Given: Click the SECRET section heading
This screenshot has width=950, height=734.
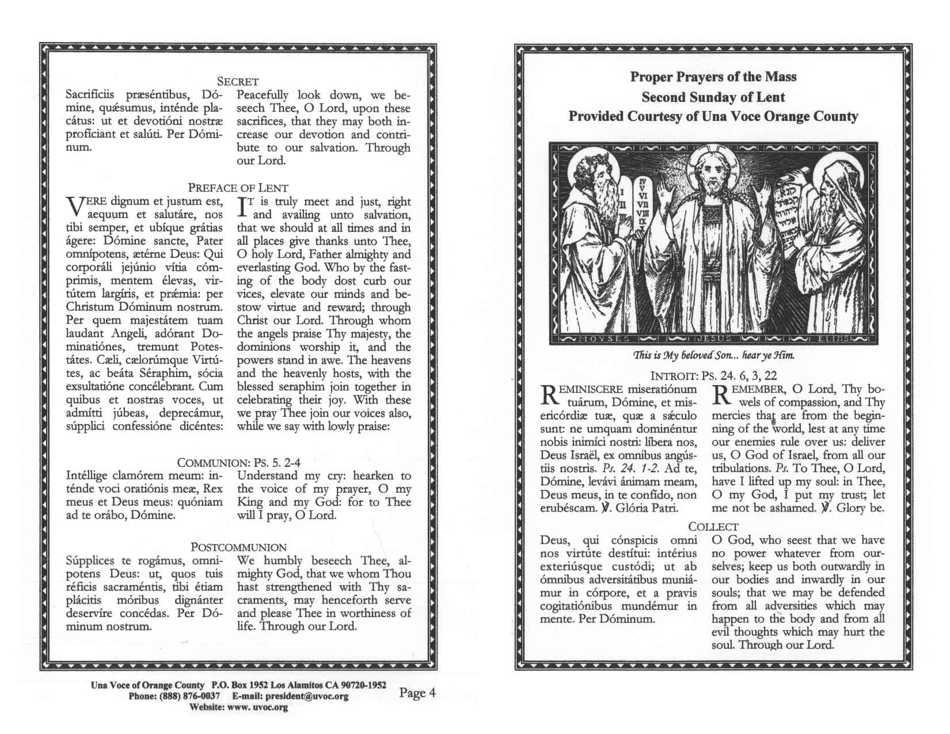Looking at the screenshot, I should tap(238, 82).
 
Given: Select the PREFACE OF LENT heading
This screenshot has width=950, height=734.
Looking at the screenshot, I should tap(238, 188).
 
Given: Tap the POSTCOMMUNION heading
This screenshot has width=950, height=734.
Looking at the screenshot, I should tap(238, 547).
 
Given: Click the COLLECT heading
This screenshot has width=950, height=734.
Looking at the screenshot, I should tap(713, 526).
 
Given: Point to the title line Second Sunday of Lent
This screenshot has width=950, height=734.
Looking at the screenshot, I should tap(713, 97).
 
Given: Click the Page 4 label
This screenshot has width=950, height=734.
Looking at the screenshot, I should tap(417, 693).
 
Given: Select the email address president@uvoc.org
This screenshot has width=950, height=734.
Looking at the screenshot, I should tap(307, 697).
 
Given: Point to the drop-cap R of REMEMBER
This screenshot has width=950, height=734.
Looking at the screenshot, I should tap(722, 395).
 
